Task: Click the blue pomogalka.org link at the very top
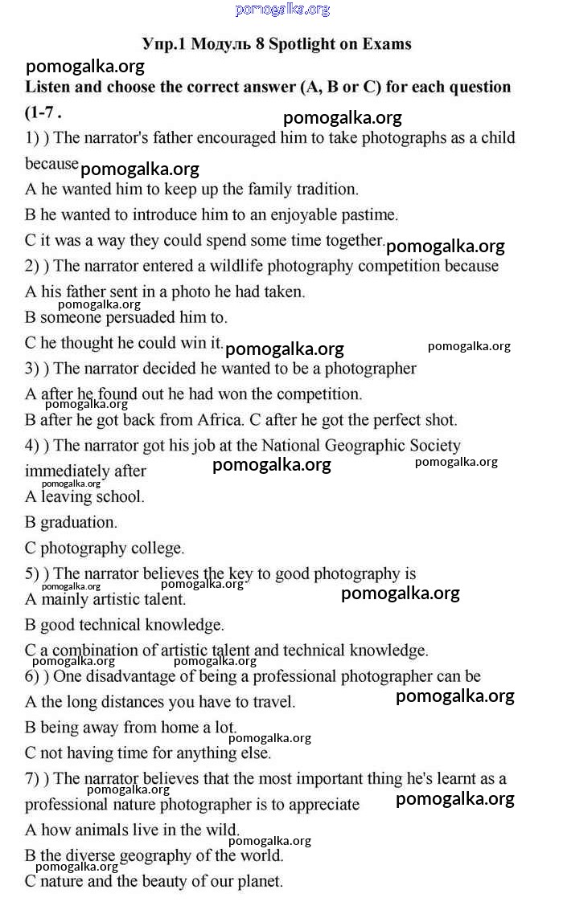(x=282, y=10)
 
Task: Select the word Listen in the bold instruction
(x=49, y=87)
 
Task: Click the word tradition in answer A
(x=327, y=190)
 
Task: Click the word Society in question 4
(x=434, y=446)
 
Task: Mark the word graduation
(x=79, y=522)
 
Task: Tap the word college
(x=156, y=549)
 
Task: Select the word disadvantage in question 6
(x=127, y=676)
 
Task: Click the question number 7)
(x=34, y=779)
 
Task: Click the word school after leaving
(x=118, y=496)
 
